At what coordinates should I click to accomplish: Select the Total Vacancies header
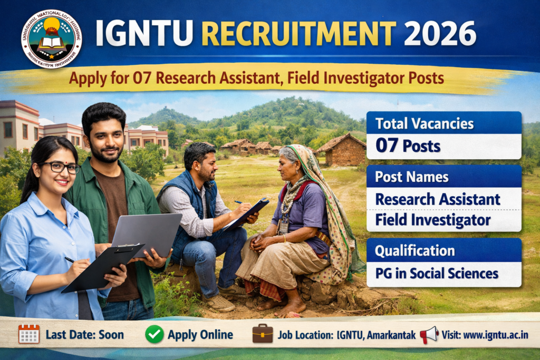424,124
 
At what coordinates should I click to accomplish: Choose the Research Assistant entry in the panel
437,199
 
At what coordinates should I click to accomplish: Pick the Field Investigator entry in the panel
432,220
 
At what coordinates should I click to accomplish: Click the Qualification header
414,251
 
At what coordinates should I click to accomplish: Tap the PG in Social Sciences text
436,274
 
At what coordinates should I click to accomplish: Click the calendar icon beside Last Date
29,334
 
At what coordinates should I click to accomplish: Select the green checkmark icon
155,334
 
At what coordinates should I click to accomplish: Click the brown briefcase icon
263,334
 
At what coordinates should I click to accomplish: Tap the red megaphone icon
429,334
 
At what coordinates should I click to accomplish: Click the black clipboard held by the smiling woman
103,267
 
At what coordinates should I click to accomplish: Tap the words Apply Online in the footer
200,335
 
